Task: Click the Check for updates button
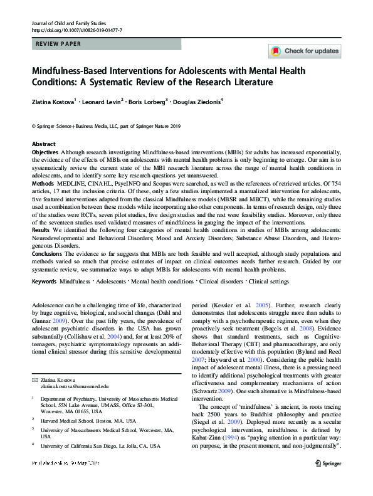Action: click(x=305, y=51)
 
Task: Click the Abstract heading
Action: click(x=43, y=144)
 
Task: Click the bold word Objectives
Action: click(x=46, y=152)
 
